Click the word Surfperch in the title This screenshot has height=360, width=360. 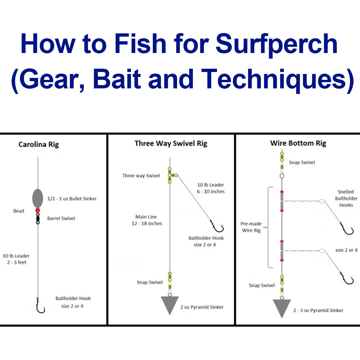pyautogui.click(x=277, y=44)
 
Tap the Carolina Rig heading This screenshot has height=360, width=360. pyautogui.click(x=39, y=145)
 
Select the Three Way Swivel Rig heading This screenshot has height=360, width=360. pyautogui.click(x=171, y=143)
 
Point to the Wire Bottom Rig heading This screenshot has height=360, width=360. pyautogui.click(x=298, y=143)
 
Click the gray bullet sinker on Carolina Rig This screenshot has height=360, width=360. pyautogui.click(x=38, y=198)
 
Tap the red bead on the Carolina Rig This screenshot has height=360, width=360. pyautogui.click(x=38, y=210)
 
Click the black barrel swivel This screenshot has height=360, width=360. pyautogui.click(x=38, y=218)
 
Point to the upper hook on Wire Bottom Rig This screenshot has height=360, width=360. pyautogui.click(x=347, y=229)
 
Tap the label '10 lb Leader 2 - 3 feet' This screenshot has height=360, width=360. pyautogui.click(x=16, y=259)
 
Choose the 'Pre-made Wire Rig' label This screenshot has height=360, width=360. pyautogui.click(x=251, y=227)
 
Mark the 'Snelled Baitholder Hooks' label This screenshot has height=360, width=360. pyautogui.click(x=346, y=198)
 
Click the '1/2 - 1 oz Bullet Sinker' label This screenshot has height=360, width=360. pyautogui.click(x=72, y=199)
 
